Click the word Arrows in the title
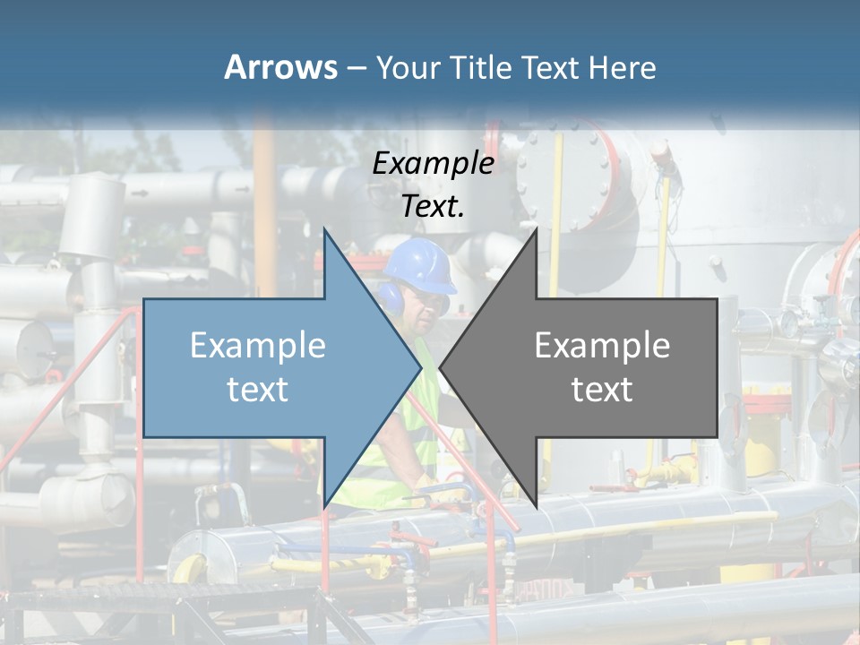point(280,67)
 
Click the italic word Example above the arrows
point(433,163)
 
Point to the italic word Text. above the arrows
point(433,206)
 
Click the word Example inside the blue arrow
point(257,345)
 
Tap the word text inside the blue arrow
point(257,389)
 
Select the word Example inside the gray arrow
point(602,345)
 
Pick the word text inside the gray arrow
point(602,389)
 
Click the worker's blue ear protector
point(391,297)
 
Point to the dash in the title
point(356,68)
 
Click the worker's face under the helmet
point(427,309)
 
